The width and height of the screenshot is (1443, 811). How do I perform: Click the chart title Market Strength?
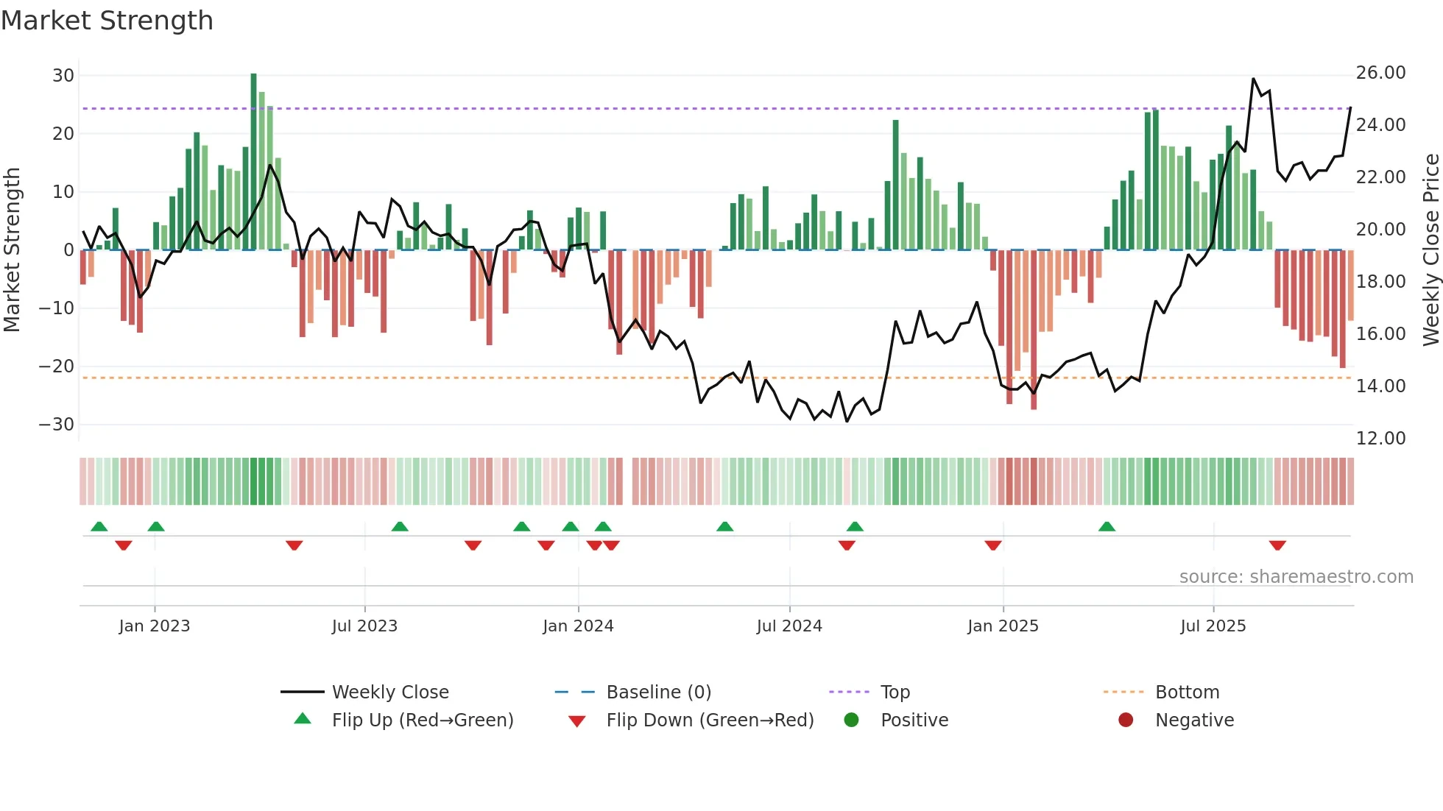[x=107, y=21]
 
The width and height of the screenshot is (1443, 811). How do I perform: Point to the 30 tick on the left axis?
[x=63, y=75]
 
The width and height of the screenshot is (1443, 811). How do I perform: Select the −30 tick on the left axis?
[x=57, y=425]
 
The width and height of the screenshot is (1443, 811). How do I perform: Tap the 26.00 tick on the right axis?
[x=1380, y=73]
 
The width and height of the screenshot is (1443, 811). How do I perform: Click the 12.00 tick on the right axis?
[x=1380, y=439]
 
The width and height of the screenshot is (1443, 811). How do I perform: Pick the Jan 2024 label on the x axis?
[x=578, y=626]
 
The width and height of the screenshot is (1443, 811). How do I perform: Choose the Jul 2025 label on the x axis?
[x=1213, y=626]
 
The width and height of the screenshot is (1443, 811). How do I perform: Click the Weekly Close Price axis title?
[x=1430, y=250]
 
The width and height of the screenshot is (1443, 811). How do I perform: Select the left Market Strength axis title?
[x=12, y=250]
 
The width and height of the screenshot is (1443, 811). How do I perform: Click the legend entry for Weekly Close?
[x=389, y=693]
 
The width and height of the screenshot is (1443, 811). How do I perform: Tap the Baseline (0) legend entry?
[x=658, y=693]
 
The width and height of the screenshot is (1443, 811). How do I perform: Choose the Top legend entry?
[x=895, y=693]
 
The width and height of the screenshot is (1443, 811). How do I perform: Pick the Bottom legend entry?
[x=1187, y=693]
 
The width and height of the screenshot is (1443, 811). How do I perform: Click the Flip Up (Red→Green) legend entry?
[x=422, y=720]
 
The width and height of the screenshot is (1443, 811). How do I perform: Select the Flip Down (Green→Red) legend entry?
[x=710, y=720]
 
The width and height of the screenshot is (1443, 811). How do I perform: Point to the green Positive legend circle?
[x=851, y=720]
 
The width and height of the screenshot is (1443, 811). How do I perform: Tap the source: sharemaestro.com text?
[x=1296, y=577]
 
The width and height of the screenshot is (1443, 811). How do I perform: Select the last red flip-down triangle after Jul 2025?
[x=1277, y=545]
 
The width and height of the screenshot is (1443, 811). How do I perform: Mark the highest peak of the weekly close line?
[x=1253, y=79]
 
